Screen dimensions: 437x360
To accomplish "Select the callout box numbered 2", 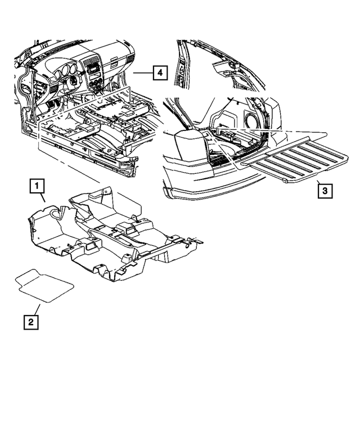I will tap(30, 322).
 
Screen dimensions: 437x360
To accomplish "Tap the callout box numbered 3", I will tap(324, 191).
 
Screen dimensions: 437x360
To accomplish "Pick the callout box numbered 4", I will tap(160, 73).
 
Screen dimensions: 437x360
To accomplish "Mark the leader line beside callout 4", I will tap(142, 73).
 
